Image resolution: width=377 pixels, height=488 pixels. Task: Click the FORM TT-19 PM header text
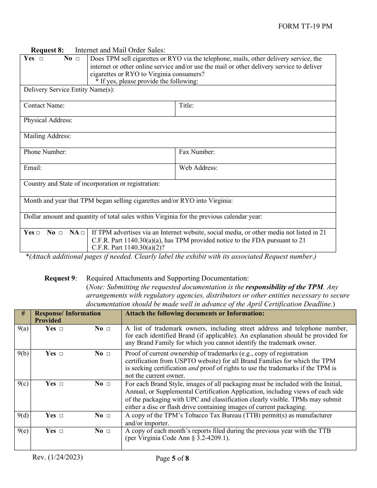pyautogui.click(x=305, y=27)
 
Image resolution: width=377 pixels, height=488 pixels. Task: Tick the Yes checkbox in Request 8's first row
pyautogui.click(x=41, y=59)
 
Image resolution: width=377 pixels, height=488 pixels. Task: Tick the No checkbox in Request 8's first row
pyautogui.click(x=77, y=59)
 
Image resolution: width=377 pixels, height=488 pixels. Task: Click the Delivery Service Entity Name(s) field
pyautogui.click(x=222, y=93)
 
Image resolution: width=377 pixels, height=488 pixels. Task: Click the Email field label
pyautogui.click(x=33, y=168)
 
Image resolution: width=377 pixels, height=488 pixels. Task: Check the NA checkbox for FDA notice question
pyautogui.click(x=83, y=233)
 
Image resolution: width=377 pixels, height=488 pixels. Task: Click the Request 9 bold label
pyautogui.click(x=61, y=279)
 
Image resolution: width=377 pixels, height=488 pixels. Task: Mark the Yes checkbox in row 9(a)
pyautogui.click(x=61, y=329)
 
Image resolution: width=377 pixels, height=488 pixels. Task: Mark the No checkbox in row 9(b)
pyautogui.click(x=108, y=354)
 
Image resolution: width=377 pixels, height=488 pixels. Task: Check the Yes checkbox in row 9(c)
pyautogui.click(x=61, y=384)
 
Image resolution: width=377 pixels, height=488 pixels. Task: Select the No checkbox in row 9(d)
pyautogui.click(x=108, y=416)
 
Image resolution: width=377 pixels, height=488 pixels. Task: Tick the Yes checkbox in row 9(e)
pyautogui.click(x=61, y=431)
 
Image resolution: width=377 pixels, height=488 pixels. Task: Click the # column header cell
pyautogui.click(x=23, y=313)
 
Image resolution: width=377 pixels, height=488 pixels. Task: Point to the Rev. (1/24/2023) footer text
pyautogui.click(x=58, y=457)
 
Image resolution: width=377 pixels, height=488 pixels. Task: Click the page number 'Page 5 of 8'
pyautogui.click(x=172, y=459)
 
